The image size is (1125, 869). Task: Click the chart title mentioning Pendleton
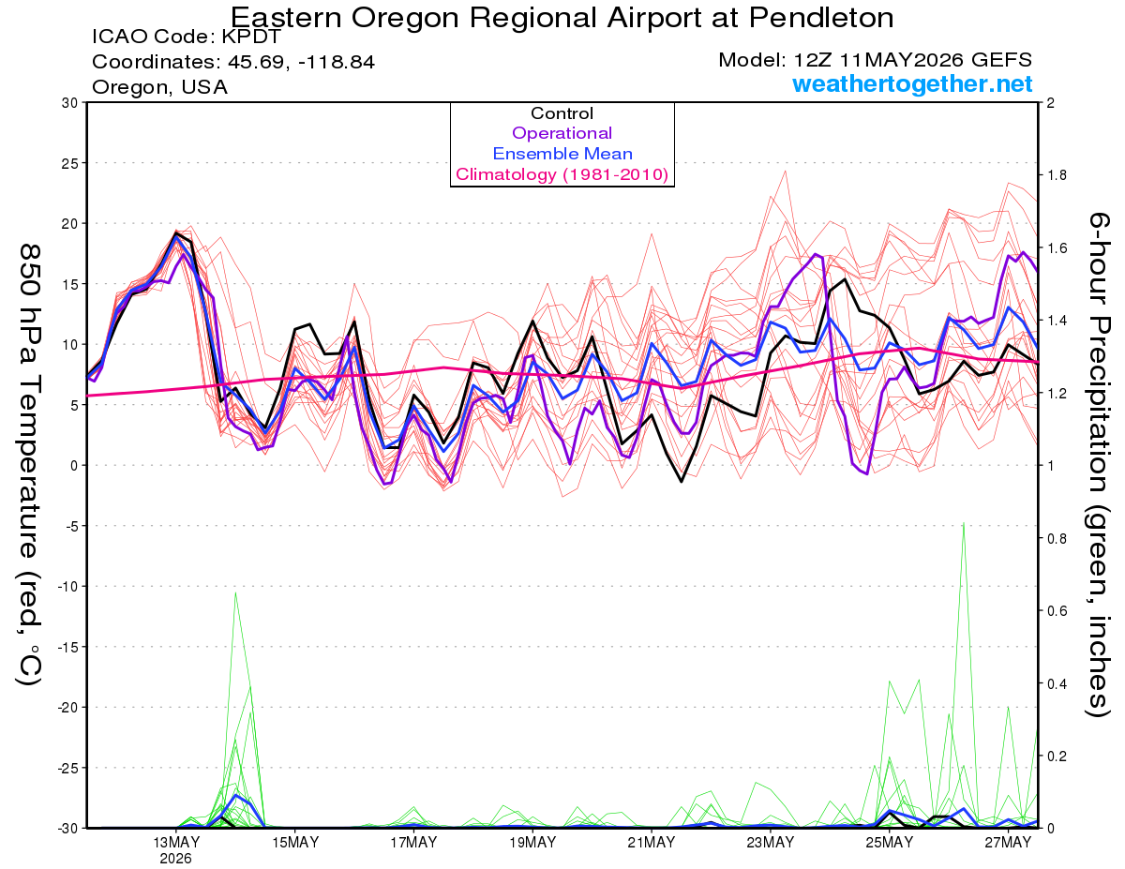pos(562,17)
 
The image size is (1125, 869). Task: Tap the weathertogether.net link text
pos(912,83)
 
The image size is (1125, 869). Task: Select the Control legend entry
pos(562,112)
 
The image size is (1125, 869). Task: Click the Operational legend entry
pos(562,133)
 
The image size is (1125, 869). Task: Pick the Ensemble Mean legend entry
pos(562,154)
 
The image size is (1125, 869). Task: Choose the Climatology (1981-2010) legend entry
pos(562,174)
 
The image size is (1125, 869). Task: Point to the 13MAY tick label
pos(176,843)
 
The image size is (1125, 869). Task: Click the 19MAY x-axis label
pos(532,843)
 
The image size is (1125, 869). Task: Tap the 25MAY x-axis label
pos(889,843)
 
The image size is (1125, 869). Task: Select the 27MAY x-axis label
pos(1008,843)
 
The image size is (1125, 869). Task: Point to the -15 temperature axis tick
pos(67,647)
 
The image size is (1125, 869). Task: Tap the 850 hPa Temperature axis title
pos(29,464)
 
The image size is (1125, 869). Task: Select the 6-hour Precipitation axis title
pos(1099,464)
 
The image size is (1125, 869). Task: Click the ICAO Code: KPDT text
pos(187,37)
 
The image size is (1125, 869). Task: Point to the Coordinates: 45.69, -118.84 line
pos(233,62)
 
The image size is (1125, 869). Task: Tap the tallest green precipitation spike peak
pos(964,523)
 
